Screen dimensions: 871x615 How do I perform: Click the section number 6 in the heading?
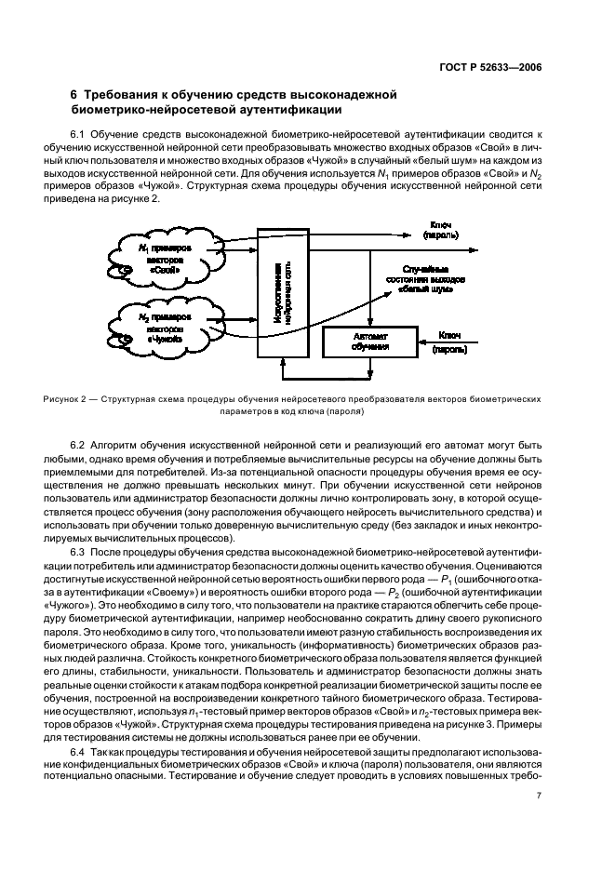tap(74, 95)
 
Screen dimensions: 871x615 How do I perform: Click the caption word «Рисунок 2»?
tap(64, 400)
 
